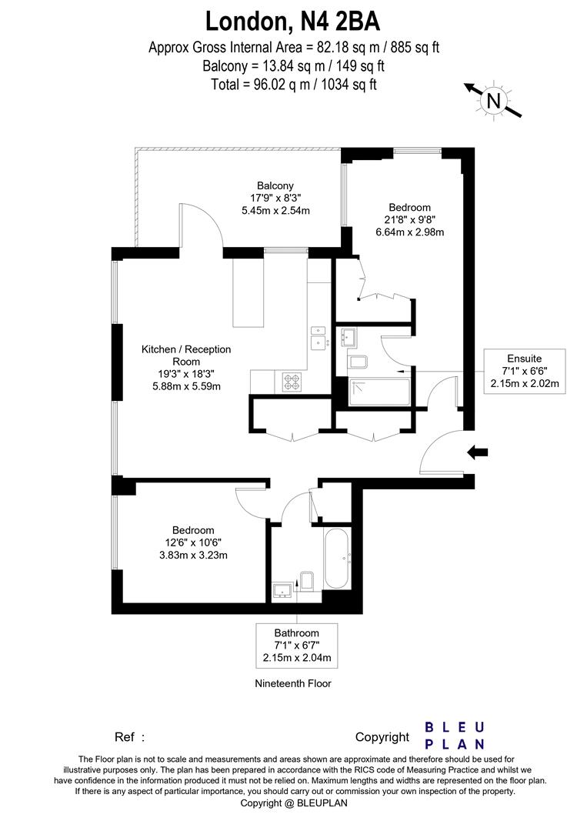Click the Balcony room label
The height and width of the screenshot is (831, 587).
275,185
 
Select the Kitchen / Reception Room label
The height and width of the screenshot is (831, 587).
185,355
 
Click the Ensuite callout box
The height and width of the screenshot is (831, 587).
524,371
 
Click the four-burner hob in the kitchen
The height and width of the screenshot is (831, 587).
292,379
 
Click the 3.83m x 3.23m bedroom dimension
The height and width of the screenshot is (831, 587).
193,555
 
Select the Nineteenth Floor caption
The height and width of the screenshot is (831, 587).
293,683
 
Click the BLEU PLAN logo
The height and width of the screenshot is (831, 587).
455,736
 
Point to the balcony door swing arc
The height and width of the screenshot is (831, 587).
202,223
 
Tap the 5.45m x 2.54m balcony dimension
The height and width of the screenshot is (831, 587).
275,210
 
